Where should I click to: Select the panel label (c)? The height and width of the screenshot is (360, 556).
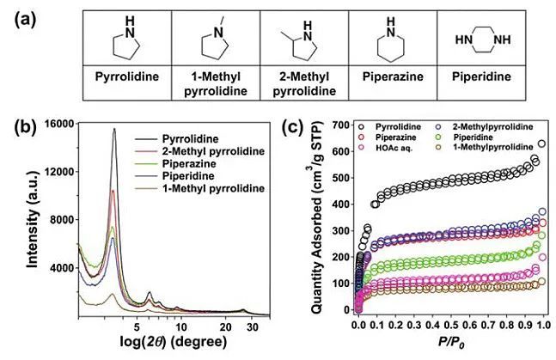[x=294, y=130]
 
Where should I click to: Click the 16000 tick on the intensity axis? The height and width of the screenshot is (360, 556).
[x=59, y=125]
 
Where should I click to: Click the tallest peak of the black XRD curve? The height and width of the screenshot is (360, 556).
[x=114, y=130]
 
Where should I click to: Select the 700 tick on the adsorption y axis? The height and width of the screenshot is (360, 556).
[x=343, y=125]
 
